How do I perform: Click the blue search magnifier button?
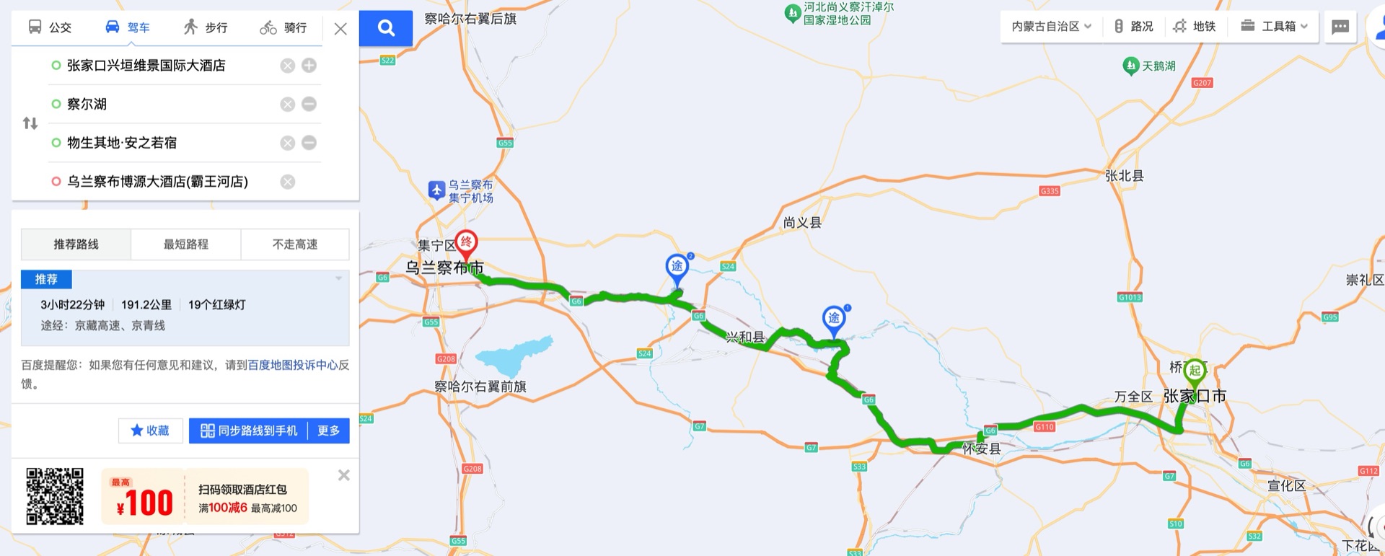(x=386, y=28)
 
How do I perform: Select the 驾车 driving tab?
(x=128, y=27)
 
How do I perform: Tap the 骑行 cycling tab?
(x=283, y=27)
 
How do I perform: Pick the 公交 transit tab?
(x=50, y=27)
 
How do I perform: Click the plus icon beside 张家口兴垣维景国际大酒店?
(x=309, y=66)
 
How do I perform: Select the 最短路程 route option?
(x=185, y=244)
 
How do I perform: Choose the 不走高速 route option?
(x=295, y=244)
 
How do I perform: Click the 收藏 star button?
(x=150, y=431)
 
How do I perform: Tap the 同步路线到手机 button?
(x=249, y=431)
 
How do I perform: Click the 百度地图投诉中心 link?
(x=293, y=365)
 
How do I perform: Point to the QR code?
(x=55, y=496)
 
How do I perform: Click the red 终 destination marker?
(x=466, y=242)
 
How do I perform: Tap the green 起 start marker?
(x=1195, y=371)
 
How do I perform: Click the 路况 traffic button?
(x=1133, y=27)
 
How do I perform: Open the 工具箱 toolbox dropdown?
(x=1274, y=27)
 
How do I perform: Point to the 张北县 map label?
(x=1124, y=176)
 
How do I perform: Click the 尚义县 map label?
(x=802, y=222)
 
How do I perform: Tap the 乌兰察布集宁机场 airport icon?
(x=436, y=190)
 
